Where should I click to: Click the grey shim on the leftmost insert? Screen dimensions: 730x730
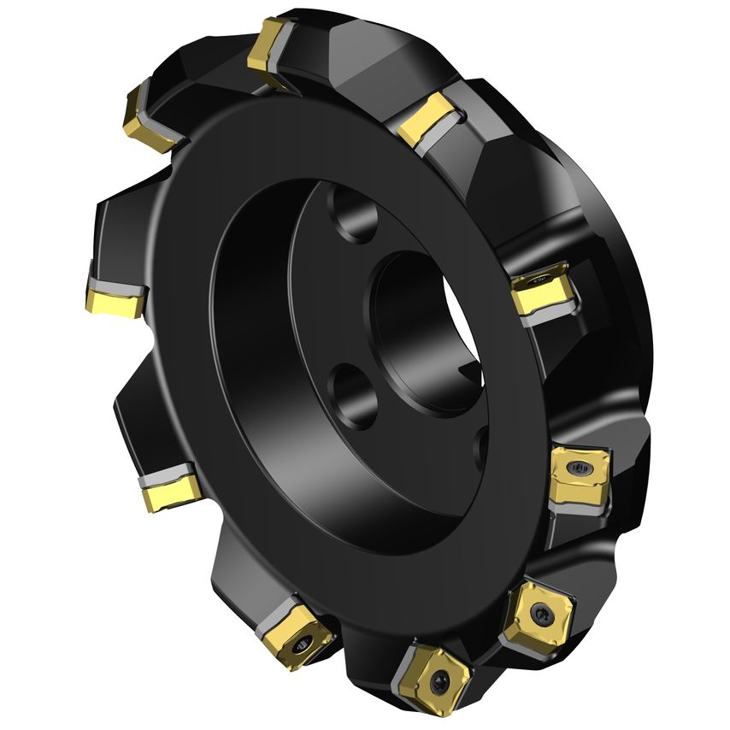pos(118,283)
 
